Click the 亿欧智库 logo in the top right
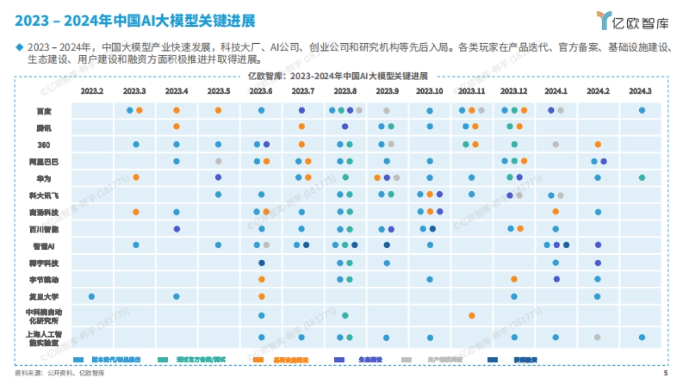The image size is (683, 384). point(631,21)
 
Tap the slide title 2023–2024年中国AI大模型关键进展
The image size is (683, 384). point(135,21)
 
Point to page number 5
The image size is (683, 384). point(665,374)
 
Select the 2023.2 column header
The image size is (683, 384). point(92,91)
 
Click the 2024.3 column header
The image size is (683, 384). point(641,91)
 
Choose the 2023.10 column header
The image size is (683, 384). point(429,91)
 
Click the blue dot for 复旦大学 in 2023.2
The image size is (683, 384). point(92,296)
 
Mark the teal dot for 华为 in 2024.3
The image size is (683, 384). point(642,177)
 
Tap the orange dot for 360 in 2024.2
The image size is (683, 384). point(598,144)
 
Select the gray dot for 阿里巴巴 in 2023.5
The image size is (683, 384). point(219,162)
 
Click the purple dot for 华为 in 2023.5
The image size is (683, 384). point(219,177)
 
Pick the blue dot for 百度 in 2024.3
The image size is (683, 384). point(642,110)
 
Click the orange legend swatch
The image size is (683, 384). point(258,360)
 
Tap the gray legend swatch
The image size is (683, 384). point(406,360)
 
